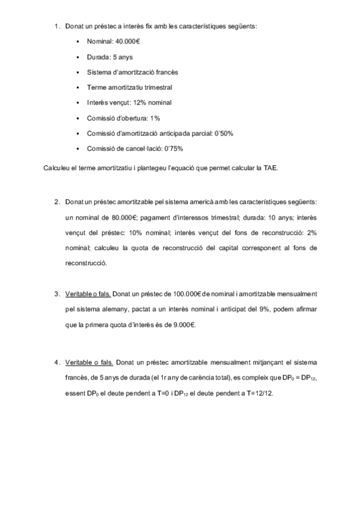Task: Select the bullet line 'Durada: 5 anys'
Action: click(x=105, y=57)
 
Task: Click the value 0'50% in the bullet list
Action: click(x=221, y=133)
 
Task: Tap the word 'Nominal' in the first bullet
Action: click(x=100, y=42)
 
